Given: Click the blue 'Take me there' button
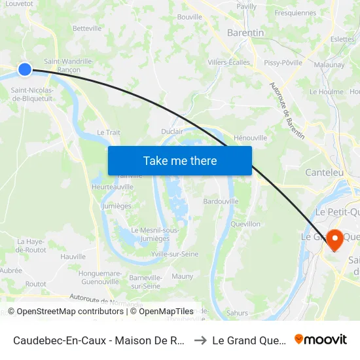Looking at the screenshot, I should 180,160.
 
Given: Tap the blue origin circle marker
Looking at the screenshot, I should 25,69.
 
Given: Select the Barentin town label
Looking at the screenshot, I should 245,33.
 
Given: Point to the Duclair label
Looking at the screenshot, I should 172,132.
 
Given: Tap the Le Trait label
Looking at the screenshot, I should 109,132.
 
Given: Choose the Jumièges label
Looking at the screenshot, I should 117,206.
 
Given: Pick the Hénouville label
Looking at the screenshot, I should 250,138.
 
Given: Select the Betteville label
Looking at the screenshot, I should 87,29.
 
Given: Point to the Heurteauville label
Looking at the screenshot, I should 113,187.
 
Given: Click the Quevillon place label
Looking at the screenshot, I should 245,224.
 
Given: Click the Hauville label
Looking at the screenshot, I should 73,257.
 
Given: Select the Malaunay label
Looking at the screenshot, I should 329,65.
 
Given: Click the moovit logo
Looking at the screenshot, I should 321,340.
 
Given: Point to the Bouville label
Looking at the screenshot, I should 190,17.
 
